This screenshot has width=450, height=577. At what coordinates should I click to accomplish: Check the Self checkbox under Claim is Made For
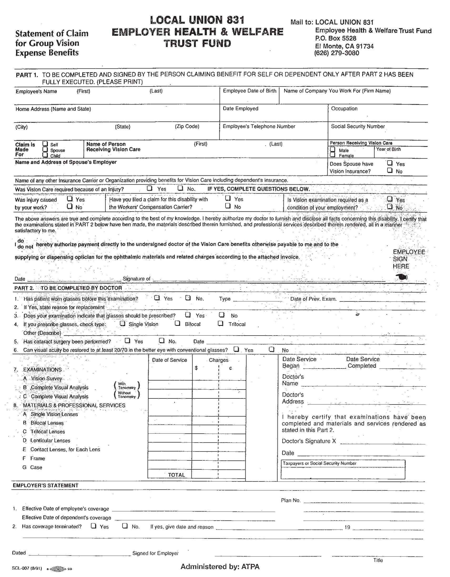[x=45, y=144]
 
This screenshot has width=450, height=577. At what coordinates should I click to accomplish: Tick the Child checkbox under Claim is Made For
[x=45, y=155]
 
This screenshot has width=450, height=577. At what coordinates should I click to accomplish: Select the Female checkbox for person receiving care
[x=333, y=155]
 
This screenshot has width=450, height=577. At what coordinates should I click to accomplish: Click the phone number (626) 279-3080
[x=337, y=53]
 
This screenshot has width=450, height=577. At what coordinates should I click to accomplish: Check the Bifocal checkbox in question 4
[x=178, y=323]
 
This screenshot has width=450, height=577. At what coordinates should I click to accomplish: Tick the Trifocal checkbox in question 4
[x=221, y=323]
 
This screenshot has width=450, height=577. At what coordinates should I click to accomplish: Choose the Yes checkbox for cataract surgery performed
[x=128, y=341]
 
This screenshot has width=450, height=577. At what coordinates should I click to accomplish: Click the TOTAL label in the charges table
[x=176, y=475]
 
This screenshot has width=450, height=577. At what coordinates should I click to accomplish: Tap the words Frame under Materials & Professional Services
[x=38, y=458]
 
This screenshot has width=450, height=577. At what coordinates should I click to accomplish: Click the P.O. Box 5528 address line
[x=336, y=38]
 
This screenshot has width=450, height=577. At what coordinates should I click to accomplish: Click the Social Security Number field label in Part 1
[x=358, y=126]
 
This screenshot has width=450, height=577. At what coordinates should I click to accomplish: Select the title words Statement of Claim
[x=52, y=34]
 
